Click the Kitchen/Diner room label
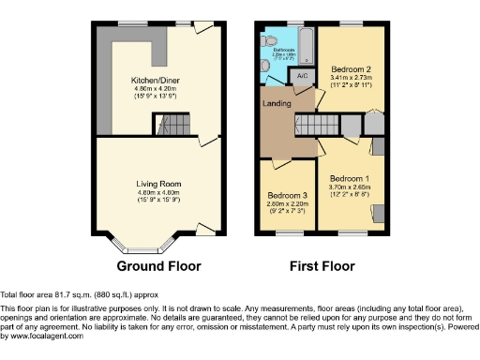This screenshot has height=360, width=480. (157, 81)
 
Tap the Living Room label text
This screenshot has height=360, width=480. (157, 183)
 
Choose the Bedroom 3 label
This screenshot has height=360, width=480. (280, 195)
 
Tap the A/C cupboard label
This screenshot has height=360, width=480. (303, 74)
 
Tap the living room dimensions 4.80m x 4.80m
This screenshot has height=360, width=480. (157, 191)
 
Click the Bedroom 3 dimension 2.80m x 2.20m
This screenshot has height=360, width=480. (280, 203)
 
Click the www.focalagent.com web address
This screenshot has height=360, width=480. (43, 336)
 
